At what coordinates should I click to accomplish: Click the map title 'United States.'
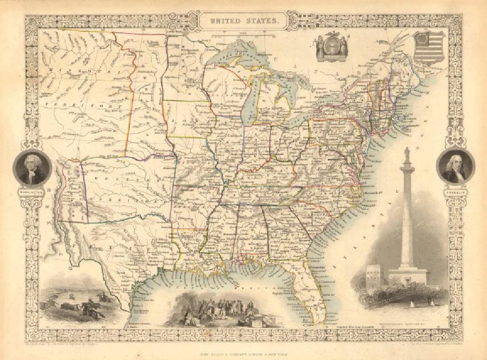pyautogui.click(x=243, y=21)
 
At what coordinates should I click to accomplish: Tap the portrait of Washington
pyautogui.click(x=32, y=168)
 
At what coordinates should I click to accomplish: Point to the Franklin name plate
pyautogui.click(x=455, y=193)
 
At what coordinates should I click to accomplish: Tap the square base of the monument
pyautogui.click(x=407, y=276)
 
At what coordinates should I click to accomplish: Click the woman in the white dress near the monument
pyautogui.click(x=412, y=304)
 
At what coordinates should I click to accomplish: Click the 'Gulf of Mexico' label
pyautogui.click(x=248, y=288)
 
